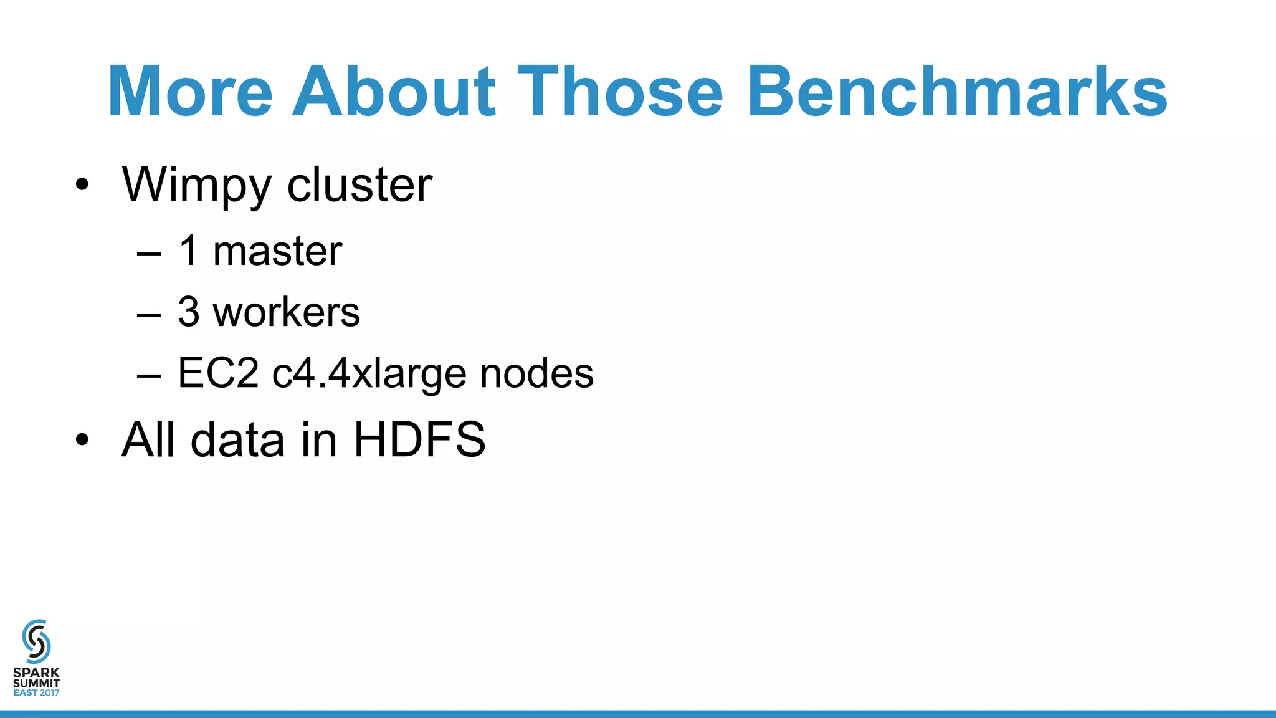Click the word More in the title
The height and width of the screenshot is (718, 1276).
click(190, 92)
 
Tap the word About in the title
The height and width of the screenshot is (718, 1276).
click(394, 92)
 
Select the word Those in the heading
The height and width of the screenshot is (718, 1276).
click(620, 92)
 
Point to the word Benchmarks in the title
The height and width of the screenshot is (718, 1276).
click(957, 92)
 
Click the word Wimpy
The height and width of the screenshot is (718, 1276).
click(197, 186)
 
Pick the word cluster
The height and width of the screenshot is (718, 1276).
click(359, 185)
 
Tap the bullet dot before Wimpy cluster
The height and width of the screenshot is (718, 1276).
click(82, 185)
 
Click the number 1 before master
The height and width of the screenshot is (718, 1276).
click(189, 251)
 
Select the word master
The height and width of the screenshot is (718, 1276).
click(277, 251)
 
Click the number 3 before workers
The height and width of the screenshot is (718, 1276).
click(189, 312)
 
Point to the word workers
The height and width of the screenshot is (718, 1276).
click(287, 312)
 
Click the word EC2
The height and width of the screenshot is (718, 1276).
click(218, 373)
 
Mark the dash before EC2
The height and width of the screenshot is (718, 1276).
click(149, 375)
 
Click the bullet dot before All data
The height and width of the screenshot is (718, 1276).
click(82, 440)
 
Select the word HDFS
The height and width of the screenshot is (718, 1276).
click(419, 440)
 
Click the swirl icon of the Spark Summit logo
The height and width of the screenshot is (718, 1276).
click(36, 641)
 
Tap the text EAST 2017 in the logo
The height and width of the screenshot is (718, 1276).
click(36, 692)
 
